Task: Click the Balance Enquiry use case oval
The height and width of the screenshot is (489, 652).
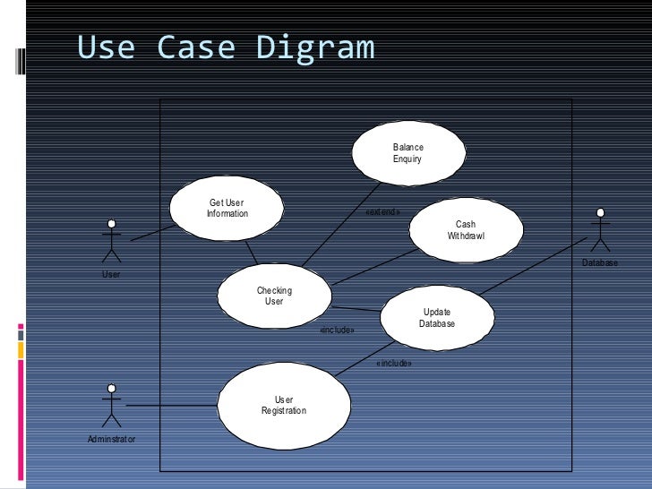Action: coord(407,153)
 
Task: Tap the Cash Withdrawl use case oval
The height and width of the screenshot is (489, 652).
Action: coord(466,229)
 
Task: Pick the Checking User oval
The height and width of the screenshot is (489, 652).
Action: coord(274,296)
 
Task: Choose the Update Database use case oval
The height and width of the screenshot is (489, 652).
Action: coord(437,318)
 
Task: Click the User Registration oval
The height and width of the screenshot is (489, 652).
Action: coord(284,405)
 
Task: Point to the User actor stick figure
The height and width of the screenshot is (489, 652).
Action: coord(111,239)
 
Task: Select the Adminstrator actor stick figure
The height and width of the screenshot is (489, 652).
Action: coord(111,406)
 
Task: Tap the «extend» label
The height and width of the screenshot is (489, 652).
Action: coord(383,212)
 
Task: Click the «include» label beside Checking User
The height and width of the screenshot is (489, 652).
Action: coord(338,330)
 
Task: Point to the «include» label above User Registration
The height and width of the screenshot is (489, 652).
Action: coord(394,364)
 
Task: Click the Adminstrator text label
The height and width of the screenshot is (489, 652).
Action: coord(111,439)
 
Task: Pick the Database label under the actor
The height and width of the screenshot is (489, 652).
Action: coord(600,263)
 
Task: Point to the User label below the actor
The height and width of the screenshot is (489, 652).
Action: coord(111,274)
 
